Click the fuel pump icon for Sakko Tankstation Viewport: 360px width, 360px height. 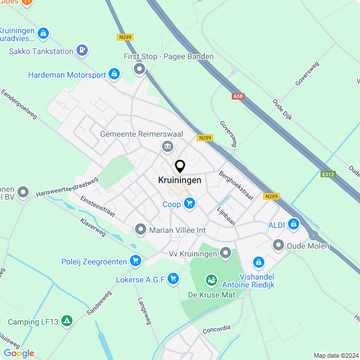(x=83, y=51)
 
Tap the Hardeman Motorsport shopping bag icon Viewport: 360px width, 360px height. (x=114, y=74)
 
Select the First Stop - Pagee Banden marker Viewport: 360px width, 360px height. (x=139, y=70)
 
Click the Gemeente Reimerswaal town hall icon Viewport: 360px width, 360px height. (x=167, y=147)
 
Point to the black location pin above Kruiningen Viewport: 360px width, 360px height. (x=180, y=166)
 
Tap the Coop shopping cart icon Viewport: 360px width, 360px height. (x=189, y=204)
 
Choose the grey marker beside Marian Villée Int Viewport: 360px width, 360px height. (x=140, y=229)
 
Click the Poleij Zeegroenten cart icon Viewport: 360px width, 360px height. (x=134, y=260)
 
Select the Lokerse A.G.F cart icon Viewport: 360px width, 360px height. (x=172, y=277)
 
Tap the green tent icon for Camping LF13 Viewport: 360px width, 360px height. (x=67, y=321)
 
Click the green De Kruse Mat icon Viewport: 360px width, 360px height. (x=211, y=279)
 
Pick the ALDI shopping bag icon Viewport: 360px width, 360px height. (x=292, y=224)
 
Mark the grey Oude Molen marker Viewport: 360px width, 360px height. (x=278, y=245)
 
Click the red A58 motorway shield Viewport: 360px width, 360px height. (x=238, y=96)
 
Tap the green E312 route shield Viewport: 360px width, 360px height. (x=328, y=174)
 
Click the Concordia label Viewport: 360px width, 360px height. (x=217, y=328)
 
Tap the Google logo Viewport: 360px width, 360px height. (x=19, y=353)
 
